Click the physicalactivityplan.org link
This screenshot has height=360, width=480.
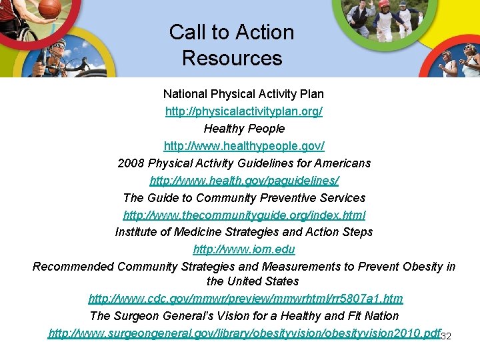pyautogui.click(x=244, y=111)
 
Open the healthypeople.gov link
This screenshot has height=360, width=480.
pyautogui.click(x=244, y=146)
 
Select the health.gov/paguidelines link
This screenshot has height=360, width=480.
pyautogui.click(x=244, y=181)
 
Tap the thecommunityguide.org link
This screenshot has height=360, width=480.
pyautogui.click(x=244, y=215)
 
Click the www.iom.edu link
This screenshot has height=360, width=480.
pyautogui.click(x=244, y=250)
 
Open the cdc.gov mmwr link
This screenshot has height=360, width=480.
pyautogui.click(x=245, y=299)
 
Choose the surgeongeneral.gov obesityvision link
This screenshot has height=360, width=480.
pyautogui.click(x=244, y=333)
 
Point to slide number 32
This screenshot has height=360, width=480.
pyautogui.click(x=447, y=336)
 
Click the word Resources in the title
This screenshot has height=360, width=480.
pyautogui.click(x=232, y=58)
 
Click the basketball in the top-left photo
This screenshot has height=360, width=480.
pyautogui.click(x=49, y=8)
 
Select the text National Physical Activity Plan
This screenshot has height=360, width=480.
pyautogui.click(x=244, y=94)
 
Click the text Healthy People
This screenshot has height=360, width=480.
pyautogui.click(x=244, y=129)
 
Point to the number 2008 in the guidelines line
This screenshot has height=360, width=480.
pyautogui.click(x=131, y=163)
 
